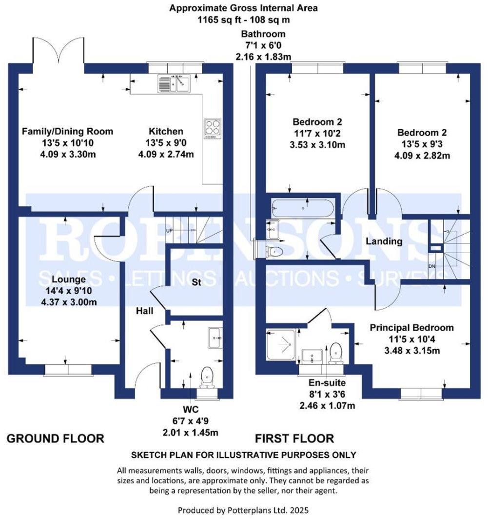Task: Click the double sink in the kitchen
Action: tap(173, 83)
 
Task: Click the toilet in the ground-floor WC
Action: tap(208, 376)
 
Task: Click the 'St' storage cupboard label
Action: tap(196, 282)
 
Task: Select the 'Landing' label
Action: tap(385, 241)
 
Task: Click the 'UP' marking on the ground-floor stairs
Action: tap(170, 230)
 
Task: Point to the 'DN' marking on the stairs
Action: tap(431, 266)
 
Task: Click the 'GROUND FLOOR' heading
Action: tap(55, 439)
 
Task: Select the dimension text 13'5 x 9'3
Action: tap(422, 144)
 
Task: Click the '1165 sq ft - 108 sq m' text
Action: tap(243, 20)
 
